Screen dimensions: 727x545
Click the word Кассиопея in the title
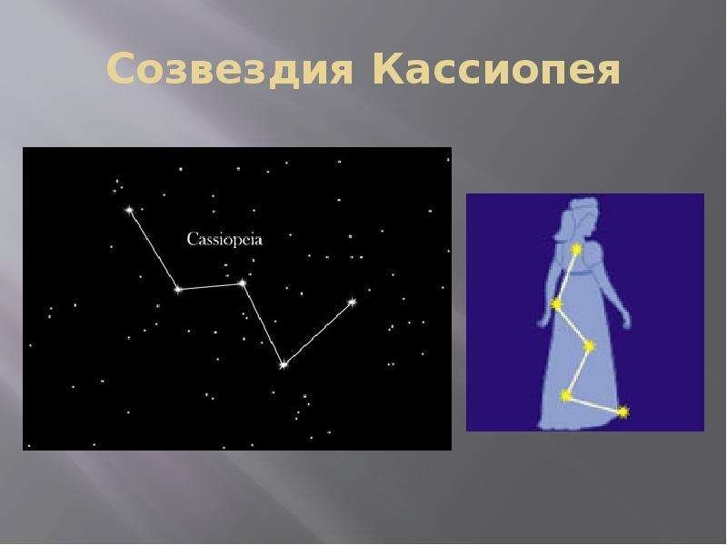[496, 69]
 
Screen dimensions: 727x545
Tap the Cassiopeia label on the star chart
[224, 240]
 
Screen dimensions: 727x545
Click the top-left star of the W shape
[129, 210]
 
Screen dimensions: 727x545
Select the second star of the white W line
[178, 290]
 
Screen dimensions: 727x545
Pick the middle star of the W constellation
[242, 282]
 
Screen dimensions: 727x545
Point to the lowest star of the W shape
[284, 365]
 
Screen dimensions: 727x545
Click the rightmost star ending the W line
[352, 302]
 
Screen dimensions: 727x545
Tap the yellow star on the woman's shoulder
[576, 250]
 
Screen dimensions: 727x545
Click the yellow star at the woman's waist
[556, 304]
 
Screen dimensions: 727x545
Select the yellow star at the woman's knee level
[589, 346]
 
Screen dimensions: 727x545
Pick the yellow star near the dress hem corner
[623, 411]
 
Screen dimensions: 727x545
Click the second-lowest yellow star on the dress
[565, 395]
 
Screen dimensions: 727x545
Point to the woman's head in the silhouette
[580, 214]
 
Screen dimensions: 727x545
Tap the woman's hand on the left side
[543, 322]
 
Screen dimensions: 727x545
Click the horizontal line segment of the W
[210, 286]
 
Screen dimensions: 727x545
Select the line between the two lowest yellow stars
[594, 403]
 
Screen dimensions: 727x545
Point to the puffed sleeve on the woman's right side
[595, 259]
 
